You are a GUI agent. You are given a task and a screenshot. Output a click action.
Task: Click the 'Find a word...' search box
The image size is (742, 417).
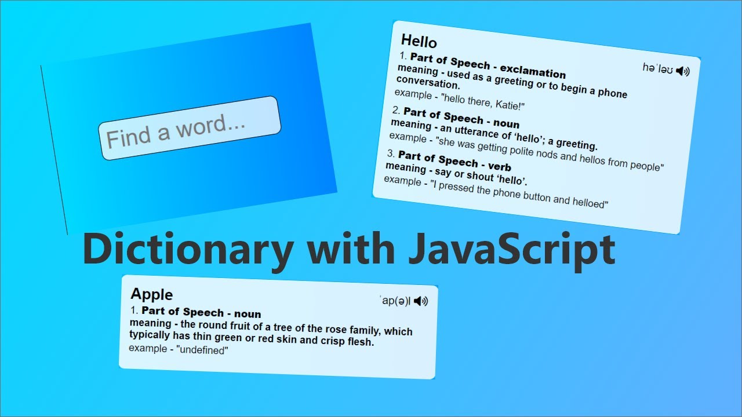click(x=190, y=128)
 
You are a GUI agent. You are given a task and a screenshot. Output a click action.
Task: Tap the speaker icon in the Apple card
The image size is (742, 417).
click(x=421, y=301)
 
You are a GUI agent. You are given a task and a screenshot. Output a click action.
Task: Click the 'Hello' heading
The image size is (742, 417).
click(x=419, y=42)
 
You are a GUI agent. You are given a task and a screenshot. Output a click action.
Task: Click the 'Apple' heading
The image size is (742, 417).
click(x=152, y=294)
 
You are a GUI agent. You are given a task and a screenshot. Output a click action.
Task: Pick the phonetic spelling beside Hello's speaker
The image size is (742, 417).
click(x=657, y=68)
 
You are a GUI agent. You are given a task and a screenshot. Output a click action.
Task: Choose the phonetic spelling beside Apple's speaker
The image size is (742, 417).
click(x=395, y=301)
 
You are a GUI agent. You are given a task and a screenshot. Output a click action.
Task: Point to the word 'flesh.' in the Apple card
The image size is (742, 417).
click(x=360, y=342)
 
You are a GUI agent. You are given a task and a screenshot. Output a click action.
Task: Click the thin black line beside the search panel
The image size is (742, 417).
click(x=54, y=150)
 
